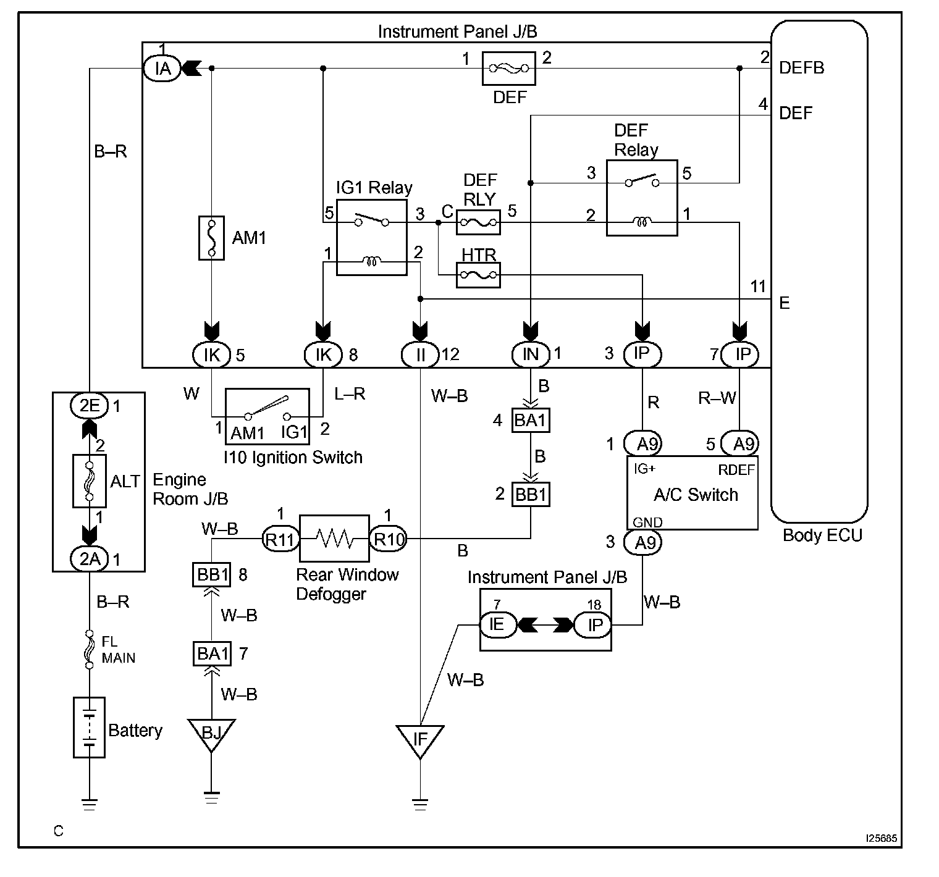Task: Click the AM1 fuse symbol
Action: pyautogui.click(x=211, y=238)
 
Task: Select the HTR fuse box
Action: pyautogui.click(x=478, y=275)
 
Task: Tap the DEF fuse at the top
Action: pyautogui.click(x=508, y=69)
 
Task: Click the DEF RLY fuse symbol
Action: pyautogui.click(x=478, y=222)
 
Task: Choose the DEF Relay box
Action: pyautogui.click(x=642, y=198)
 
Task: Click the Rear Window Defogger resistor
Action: pyautogui.click(x=334, y=540)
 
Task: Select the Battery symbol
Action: pyautogui.click(x=89, y=728)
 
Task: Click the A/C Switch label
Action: pyautogui.click(x=696, y=495)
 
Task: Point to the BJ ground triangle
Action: pyautogui.click(x=211, y=734)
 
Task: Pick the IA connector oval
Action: pyautogui.click(x=162, y=68)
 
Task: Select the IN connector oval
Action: pyautogui.click(x=531, y=354)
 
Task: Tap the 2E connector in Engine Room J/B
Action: pyautogui.click(x=90, y=406)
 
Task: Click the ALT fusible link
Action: pyautogui.click(x=90, y=481)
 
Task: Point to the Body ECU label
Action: pyautogui.click(x=822, y=535)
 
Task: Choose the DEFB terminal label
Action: pyautogui.click(x=802, y=68)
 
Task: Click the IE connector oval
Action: pyautogui.click(x=496, y=625)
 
